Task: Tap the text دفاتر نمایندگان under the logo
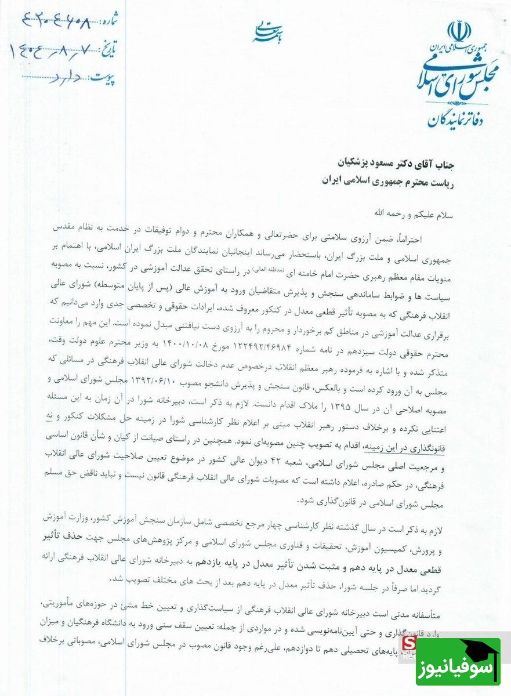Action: pos(463,119)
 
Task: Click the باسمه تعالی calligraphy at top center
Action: pos(266,31)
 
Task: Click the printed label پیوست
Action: pos(104,77)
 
